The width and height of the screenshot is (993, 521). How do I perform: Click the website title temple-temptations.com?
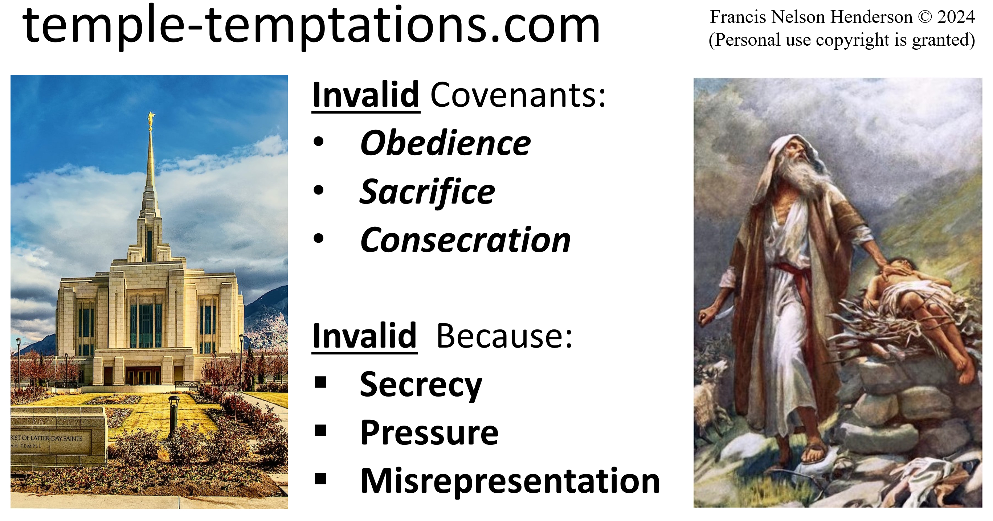311,26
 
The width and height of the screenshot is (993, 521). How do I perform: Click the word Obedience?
445,143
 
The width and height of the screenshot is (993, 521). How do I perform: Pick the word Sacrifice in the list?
427,192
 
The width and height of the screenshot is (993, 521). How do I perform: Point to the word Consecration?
465,240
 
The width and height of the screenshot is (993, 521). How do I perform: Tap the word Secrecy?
421,385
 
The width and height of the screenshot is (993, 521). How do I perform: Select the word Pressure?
429,432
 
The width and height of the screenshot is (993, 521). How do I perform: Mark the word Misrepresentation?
510,481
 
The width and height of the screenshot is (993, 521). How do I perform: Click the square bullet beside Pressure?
320,430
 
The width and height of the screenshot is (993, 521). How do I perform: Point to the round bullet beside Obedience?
318,142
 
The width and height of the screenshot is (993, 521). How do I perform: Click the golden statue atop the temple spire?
151,119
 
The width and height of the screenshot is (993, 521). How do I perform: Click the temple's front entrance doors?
143,376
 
